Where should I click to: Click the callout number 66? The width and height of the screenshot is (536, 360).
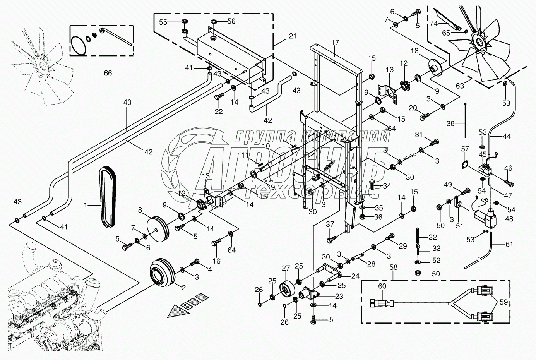coord(108,72)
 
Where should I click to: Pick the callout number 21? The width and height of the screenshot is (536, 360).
coord(292,36)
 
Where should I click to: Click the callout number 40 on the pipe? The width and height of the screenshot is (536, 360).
coord(127,103)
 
